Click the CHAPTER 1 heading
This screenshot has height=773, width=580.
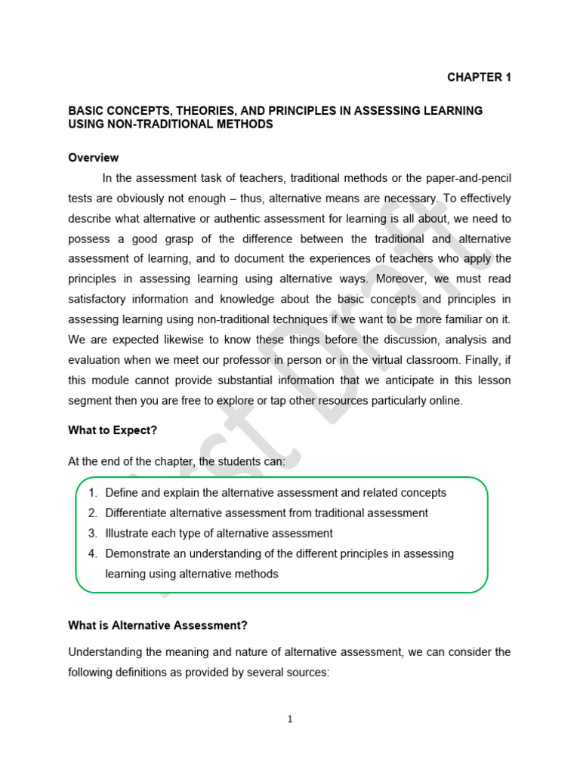pyautogui.click(x=479, y=77)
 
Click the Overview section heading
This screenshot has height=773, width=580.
pyautogui.click(x=94, y=158)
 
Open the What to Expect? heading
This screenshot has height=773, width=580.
pyautogui.click(x=113, y=430)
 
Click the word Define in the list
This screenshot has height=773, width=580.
pyautogui.click(x=122, y=493)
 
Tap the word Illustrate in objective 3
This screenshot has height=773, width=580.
pyautogui.click(x=129, y=533)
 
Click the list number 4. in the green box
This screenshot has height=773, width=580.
pyautogui.click(x=93, y=553)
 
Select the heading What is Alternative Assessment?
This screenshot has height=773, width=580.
pyautogui.click(x=158, y=625)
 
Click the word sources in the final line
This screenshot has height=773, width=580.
pyautogui.click(x=307, y=672)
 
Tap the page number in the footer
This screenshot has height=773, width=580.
pyautogui.click(x=290, y=719)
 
